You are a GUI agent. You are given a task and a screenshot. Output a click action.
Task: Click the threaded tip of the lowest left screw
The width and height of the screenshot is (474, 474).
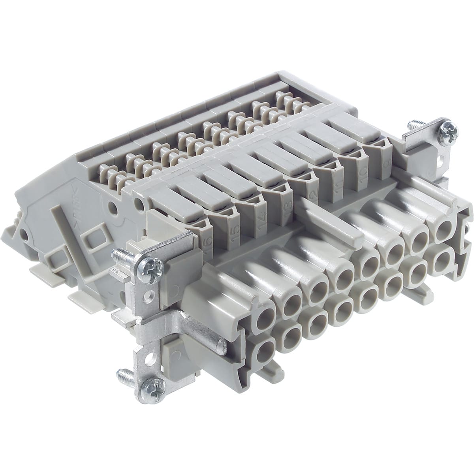[x=124, y=373]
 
